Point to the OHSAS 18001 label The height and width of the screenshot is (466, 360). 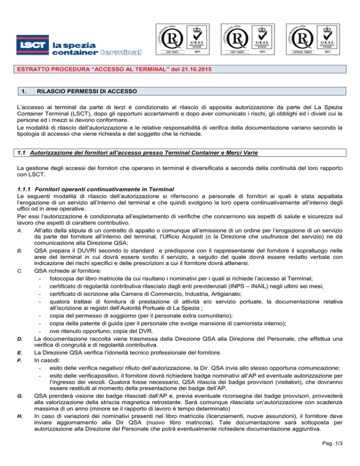point(305,52)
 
